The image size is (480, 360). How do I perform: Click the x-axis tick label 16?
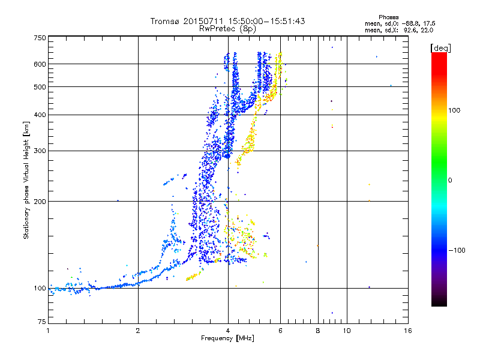tap(407, 331)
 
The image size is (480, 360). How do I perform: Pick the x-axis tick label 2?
tap(138, 331)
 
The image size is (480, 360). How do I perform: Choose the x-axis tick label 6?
tap(280, 331)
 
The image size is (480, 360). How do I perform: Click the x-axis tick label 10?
tap(346, 331)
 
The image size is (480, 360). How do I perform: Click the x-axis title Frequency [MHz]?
tap(228, 338)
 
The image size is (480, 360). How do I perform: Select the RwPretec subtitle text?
tap(227, 28)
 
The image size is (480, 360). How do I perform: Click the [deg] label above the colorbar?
tap(440, 47)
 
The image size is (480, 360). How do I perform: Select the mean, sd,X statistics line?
tap(398, 29)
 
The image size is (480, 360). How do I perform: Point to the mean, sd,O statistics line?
tap(398, 23)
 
